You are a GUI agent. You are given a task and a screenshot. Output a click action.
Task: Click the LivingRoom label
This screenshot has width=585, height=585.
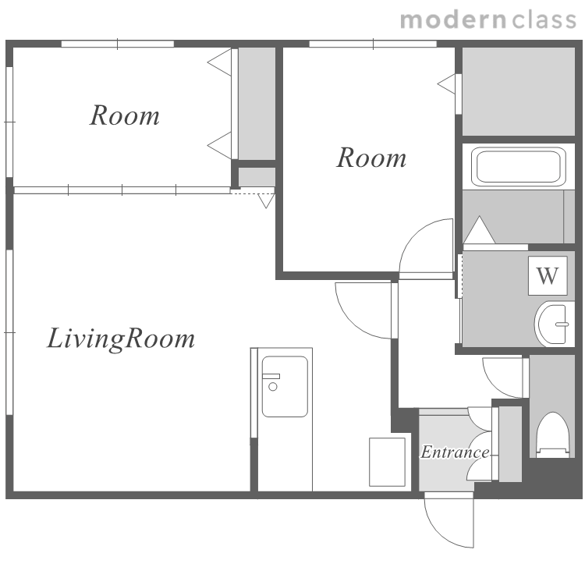(x=120, y=339)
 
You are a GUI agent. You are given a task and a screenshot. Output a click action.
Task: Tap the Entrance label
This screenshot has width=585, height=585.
(x=456, y=452)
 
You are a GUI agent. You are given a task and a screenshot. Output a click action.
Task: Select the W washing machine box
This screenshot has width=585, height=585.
(x=548, y=275)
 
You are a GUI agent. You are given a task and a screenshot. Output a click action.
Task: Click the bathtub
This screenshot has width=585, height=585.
(x=519, y=167)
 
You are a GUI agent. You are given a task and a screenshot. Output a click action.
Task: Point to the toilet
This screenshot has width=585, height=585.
(x=552, y=434)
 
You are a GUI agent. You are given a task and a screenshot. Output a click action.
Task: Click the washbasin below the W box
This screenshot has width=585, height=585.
(x=554, y=324)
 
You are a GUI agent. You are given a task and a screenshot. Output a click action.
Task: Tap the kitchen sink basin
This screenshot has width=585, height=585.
(x=285, y=386)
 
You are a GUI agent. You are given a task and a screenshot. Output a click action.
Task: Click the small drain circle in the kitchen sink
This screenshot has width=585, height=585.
(x=273, y=387)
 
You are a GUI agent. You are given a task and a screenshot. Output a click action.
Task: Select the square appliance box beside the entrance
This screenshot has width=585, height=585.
(x=387, y=462)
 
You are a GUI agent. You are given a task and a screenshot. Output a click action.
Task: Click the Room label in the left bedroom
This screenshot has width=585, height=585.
(x=125, y=115)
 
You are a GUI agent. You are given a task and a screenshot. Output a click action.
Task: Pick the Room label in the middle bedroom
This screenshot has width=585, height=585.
(x=371, y=158)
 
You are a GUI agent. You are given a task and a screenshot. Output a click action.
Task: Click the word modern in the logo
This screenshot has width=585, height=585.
(x=454, y=20)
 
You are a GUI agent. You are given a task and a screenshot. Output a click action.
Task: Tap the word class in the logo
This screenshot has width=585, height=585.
(x=544, y=20)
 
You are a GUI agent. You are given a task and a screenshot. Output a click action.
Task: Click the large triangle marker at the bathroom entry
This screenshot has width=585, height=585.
(x=479, y=230)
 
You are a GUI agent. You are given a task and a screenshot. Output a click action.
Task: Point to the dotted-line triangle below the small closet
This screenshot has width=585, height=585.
(x=266, y=200)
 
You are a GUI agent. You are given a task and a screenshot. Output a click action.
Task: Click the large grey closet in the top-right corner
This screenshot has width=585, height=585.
(x=519, y=91)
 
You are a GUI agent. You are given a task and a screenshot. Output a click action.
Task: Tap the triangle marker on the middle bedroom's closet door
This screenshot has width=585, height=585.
(x=446, y=84)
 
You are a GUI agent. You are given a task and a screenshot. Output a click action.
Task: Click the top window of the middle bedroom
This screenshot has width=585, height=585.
(x=373, y=44)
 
